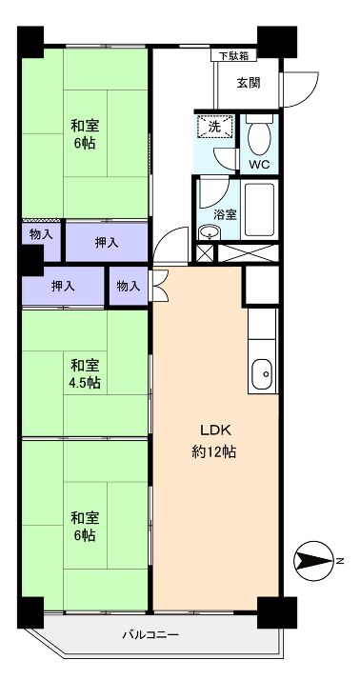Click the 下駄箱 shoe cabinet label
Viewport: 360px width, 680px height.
[x=234, y=55]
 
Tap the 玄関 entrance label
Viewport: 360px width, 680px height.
[x=249, y=83]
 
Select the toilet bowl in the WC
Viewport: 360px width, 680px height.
[x=259, y=134]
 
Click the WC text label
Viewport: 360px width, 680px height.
[x=259, y=165]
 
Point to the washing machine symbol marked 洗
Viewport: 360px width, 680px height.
[x=214, y=127]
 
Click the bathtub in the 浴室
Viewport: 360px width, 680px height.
[x=259, y=210]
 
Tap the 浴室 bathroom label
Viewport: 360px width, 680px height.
[x=225, y=214]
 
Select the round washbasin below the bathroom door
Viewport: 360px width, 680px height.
[x=210, y=232]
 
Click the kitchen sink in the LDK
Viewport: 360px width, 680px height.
[x=262, y=374]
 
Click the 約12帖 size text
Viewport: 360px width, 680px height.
[x=214, y=452]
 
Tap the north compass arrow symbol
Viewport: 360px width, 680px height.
[x=312, y=561]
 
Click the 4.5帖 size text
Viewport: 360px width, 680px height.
[x=85, y=383]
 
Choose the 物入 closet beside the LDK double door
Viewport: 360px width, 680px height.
[x=129, y=287]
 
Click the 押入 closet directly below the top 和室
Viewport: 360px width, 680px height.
[x=107, y=243]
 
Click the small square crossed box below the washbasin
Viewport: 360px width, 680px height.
[x=205, y=253]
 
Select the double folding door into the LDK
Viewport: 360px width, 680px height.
[x=159, y=286]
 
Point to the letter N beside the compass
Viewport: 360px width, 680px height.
[x=340, y=561]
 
